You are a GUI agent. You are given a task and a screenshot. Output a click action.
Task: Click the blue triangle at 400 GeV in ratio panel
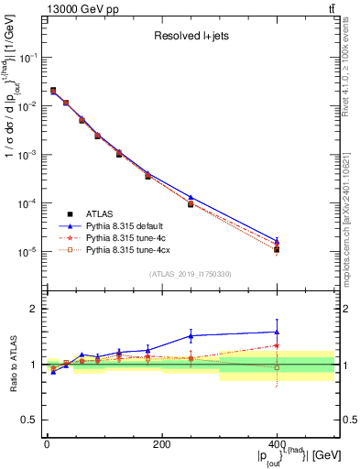click(x=277, y=332)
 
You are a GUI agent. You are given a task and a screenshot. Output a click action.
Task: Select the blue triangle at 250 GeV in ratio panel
click(x=191, y=336)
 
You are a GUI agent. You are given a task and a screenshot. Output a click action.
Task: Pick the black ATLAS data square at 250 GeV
click(x=191, y=203)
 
